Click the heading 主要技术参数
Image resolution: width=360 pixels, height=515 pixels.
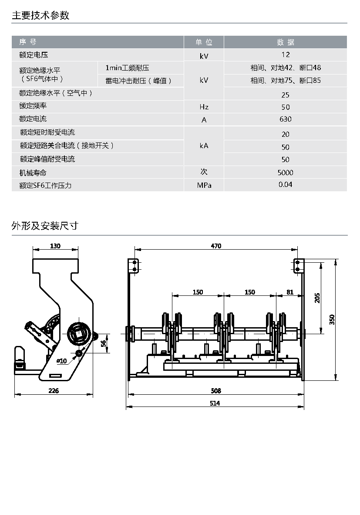(40, 15)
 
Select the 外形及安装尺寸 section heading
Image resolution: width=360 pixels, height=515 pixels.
(45, 226)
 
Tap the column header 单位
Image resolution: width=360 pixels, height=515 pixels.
(204, 42)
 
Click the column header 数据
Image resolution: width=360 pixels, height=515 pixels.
(286, 42)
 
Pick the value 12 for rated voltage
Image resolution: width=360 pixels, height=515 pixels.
(286, 55)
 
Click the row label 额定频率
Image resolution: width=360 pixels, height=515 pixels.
(33, 106)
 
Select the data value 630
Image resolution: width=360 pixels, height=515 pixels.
(286, 119)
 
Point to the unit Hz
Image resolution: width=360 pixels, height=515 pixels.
(204, 107)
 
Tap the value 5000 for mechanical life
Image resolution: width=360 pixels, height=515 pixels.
(286, 173)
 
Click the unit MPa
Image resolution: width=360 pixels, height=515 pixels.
(204, 185)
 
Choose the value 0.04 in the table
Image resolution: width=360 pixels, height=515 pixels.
(286, 185)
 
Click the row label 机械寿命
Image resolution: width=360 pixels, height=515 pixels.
(33, 173)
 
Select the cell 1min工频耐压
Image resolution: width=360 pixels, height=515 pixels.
(127, 68)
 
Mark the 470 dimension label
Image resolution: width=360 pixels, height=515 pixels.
(216, 246)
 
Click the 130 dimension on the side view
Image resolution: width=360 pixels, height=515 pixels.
(55, 246)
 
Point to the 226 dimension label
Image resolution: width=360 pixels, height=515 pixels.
(54, 390)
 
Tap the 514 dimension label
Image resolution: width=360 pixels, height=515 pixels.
(215, 403)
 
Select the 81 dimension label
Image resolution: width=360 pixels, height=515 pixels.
(290, 292)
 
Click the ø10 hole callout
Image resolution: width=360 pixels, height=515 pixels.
(62, 361)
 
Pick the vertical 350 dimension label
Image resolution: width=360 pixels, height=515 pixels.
(332, 319)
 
